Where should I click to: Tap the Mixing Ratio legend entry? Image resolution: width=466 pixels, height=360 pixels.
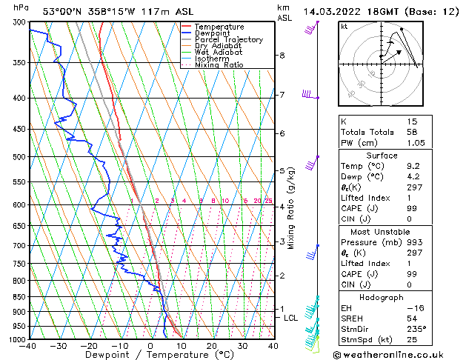click(219, 65)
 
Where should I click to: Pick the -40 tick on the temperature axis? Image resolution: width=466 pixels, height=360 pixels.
click(29, 346)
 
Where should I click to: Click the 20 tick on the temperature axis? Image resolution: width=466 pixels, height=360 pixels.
click(211, 346)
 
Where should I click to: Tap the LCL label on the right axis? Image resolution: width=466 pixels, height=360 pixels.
click(291, 318)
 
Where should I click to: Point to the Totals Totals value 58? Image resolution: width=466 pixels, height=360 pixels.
click(413, 132)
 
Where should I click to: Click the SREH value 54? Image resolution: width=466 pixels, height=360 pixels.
click(413, 317)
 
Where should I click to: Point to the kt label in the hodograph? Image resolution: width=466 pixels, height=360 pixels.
click(344, 26)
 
